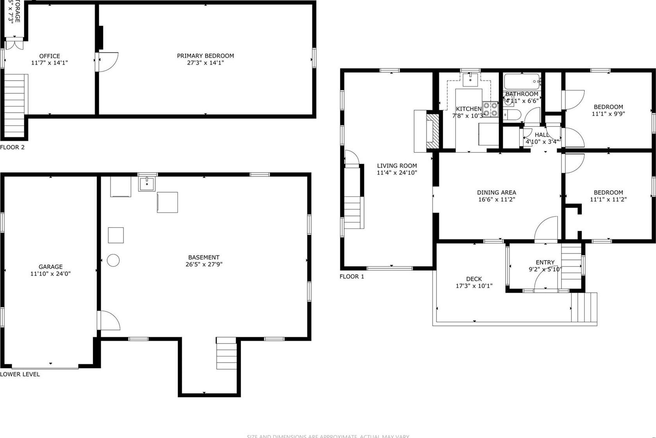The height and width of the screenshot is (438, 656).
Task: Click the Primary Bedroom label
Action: click(205, 56)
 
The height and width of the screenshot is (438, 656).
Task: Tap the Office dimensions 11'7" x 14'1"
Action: click(49, 63)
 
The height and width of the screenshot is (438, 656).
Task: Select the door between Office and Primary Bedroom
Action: click(107, 62)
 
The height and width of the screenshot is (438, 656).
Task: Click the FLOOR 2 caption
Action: click(12, 147)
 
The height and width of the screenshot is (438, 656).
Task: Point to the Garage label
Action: click(50, 267)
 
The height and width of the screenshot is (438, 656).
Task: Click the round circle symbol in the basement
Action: click(113, 260)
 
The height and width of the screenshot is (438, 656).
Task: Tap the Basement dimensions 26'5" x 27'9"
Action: click(204, 264)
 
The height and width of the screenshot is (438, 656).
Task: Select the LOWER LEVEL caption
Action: click(20, 374)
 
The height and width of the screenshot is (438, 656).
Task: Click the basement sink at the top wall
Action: click(147, 183)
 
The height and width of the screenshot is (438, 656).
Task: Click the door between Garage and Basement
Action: click(109, 320)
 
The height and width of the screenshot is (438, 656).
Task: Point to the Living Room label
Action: click(397, 166)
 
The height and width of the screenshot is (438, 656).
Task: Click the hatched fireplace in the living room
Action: click(433, 131)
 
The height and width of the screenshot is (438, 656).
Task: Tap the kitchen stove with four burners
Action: click(490, 109)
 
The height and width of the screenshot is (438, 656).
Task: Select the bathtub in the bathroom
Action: click(522, 82)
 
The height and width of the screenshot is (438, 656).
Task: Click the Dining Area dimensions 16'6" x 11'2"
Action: click(496, 199)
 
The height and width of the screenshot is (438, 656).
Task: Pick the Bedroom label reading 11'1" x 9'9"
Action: click(608, 107)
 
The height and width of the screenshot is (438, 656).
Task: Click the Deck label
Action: click(474, 279)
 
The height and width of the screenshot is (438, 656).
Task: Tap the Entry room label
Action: click(545, 262)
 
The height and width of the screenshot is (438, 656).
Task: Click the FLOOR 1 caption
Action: click(352, 276)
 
